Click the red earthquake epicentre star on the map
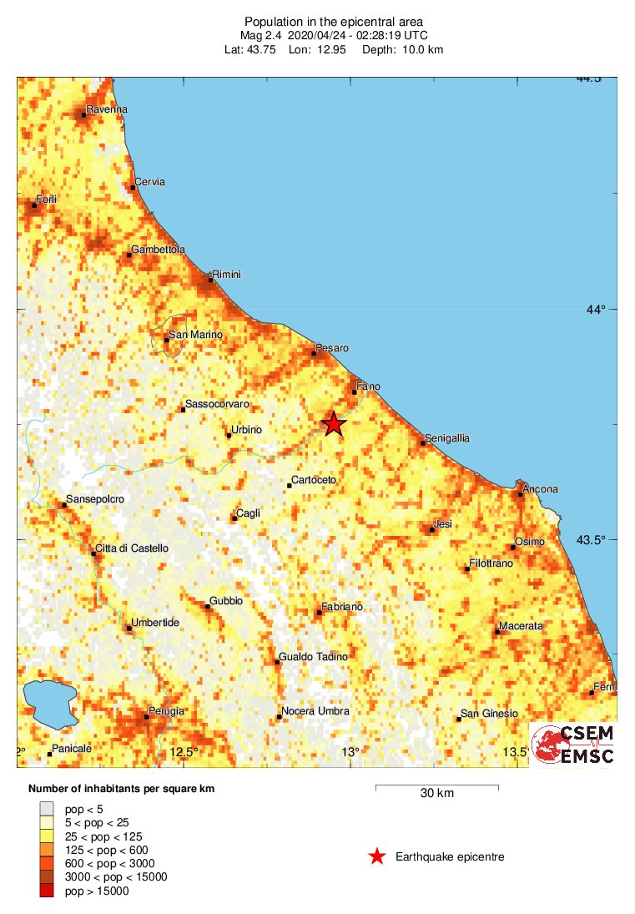[x=333, y=424]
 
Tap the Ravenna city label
[x=109, y=109]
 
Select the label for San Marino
[x=196, y=335]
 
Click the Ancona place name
[x=540, y=489]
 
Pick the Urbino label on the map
[x=246, y=430]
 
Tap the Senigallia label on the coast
[x=447, y=437]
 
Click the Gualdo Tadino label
[x=313, y=657]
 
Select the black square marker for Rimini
[x=210, y=280]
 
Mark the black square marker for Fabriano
[x=319, y=613]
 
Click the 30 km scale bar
[x=436, y=786]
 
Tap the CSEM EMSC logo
[x=575, y=745]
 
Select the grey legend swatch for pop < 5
[x=47, y=808]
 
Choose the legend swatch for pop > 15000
[x=47, y=891]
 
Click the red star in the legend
[x=377, y=856]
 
